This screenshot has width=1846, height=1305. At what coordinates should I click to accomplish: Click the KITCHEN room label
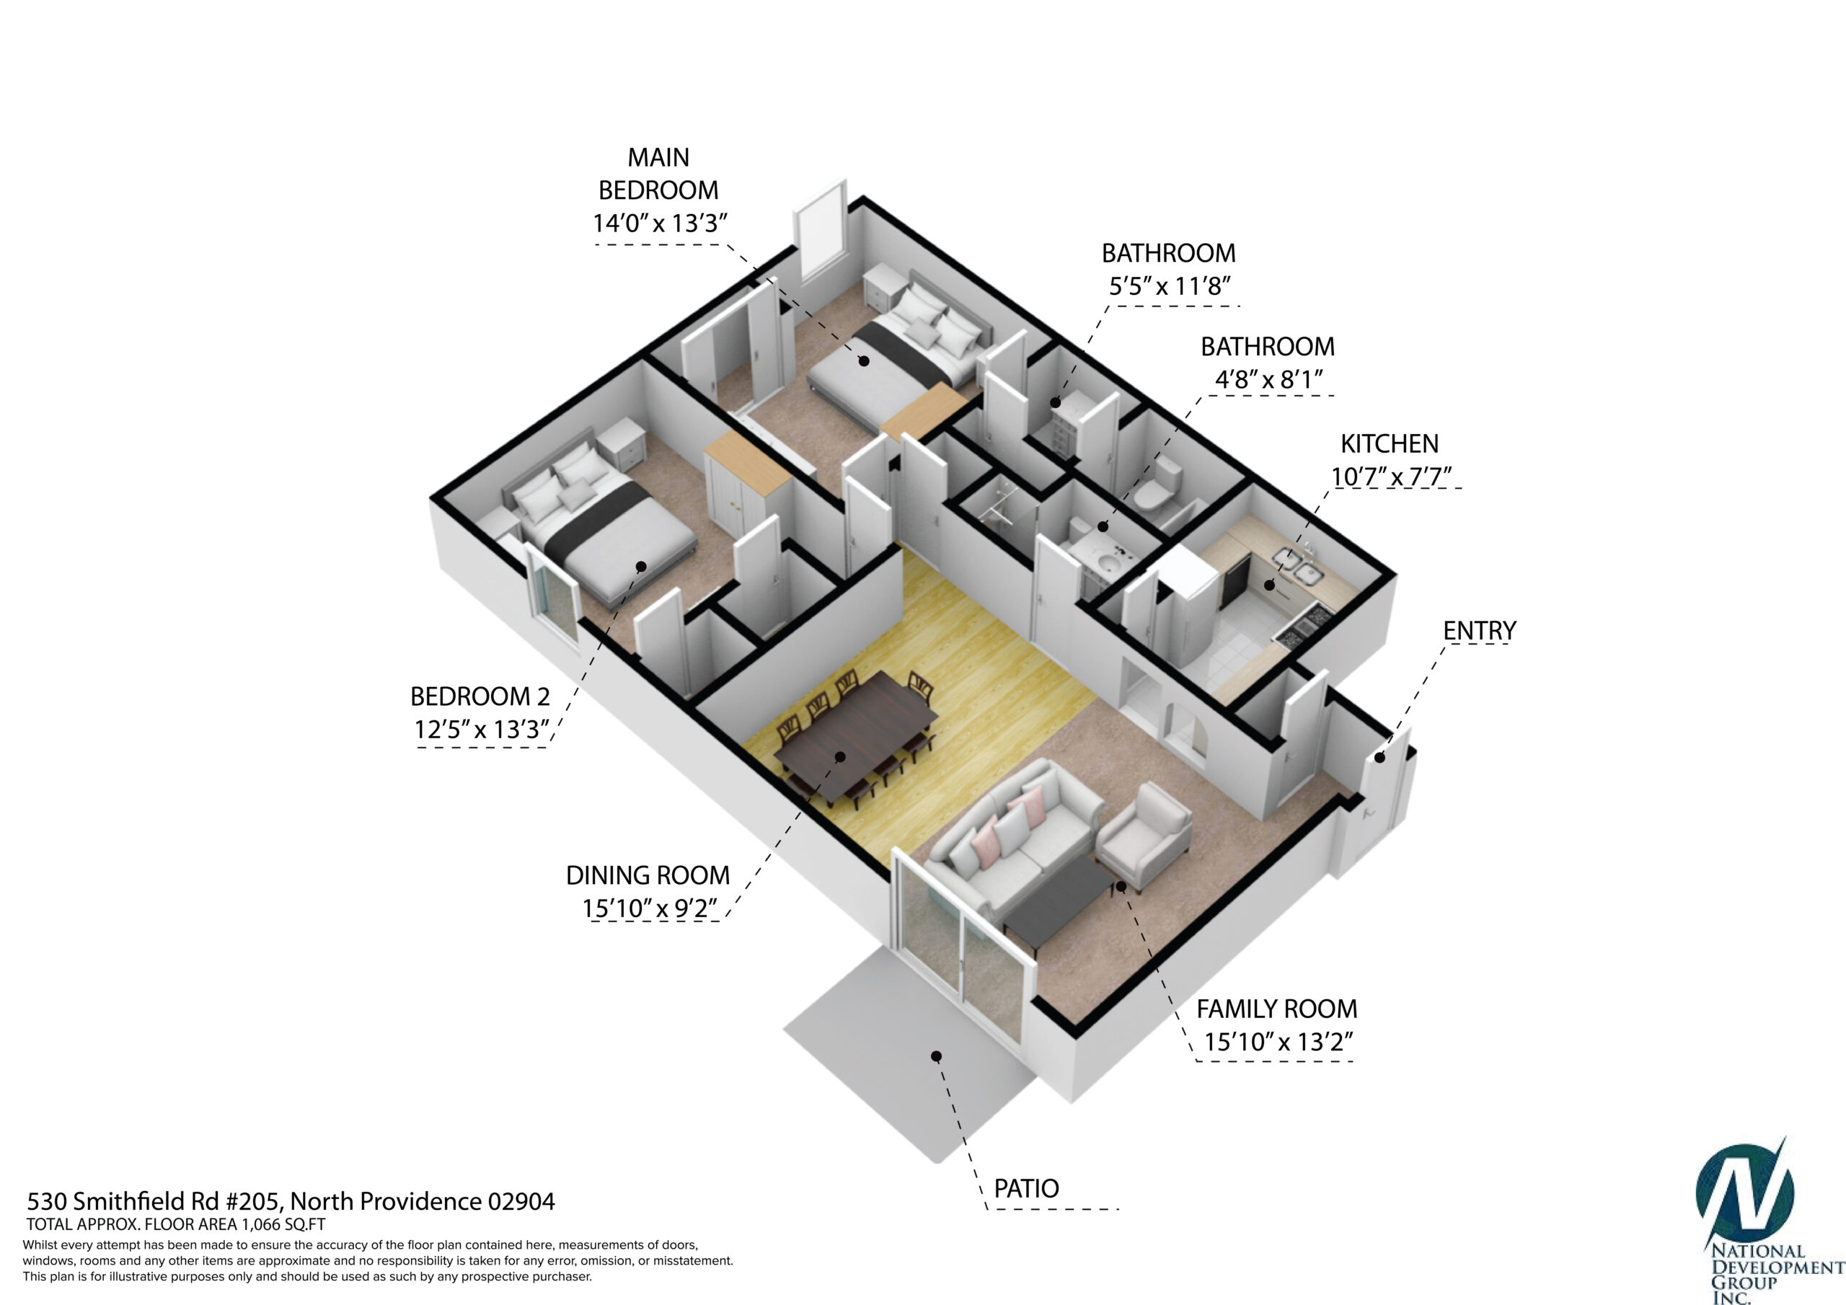(x=1390, y=444)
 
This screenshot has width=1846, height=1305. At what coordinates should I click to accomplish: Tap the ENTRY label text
(x=1480, y=631)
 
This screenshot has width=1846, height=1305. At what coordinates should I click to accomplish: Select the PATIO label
(x=1026, y=1188)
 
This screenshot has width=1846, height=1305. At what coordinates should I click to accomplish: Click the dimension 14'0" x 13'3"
(x=659, y=223)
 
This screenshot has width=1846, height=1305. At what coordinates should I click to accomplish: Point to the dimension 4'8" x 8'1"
(x=1268, y=379)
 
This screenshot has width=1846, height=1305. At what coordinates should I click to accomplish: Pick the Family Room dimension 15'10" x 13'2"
(x=1278, y=1042)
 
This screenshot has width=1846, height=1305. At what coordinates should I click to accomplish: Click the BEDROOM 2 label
(x=480, y=696)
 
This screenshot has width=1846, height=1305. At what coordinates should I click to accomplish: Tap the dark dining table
(x=855, y=738)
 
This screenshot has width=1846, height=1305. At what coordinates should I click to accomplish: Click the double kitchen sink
(x=1299, y=565)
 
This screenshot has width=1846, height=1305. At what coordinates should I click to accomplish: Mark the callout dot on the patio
(x=936, y=1056)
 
